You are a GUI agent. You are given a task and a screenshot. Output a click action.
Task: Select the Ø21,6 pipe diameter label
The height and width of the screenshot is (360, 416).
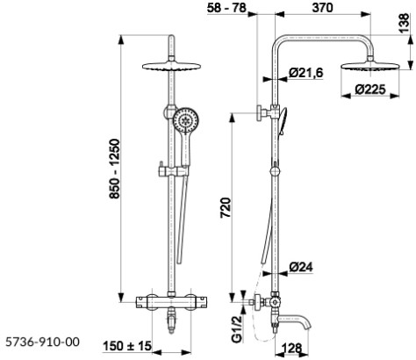pyautogui.click(x=308, y=73)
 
